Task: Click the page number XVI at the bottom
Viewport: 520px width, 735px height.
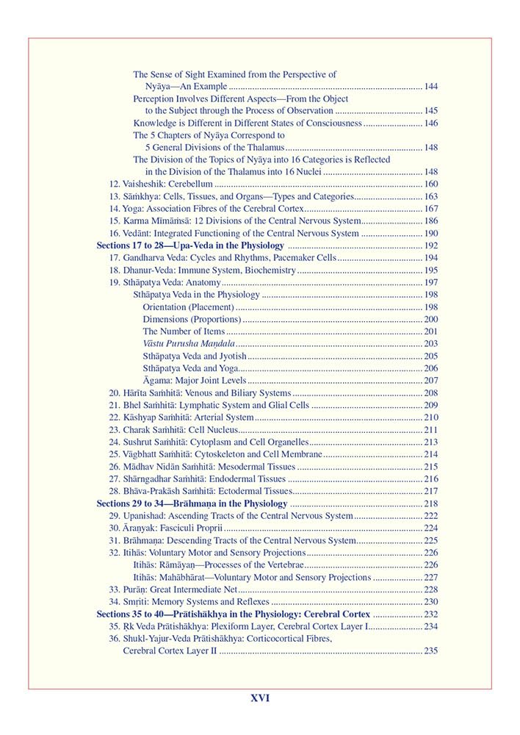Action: point(260,698)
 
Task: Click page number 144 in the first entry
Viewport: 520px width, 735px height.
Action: point(431,87)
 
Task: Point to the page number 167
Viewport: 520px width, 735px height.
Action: point(431,209)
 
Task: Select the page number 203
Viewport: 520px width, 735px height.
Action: point(431,344)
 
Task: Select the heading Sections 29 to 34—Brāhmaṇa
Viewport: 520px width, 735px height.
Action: point(192,503)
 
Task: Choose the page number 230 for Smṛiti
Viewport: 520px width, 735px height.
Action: point(431,602)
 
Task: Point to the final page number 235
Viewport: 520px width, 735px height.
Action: point(431,651)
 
